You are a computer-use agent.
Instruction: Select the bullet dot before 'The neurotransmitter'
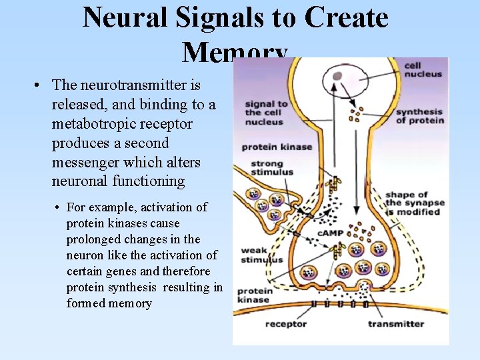click(39, 86)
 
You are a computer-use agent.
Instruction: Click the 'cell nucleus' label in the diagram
click(423, 70)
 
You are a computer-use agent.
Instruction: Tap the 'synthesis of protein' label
click(419, 116)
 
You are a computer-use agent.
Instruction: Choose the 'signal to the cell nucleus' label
click(266, 113)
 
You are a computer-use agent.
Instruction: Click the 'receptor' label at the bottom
click(286, 324)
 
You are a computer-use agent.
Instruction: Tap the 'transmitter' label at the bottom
click(396, 324)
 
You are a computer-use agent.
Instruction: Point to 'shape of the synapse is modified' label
click(413, 203)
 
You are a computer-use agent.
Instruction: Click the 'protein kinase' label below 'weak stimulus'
click(254, 295)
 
